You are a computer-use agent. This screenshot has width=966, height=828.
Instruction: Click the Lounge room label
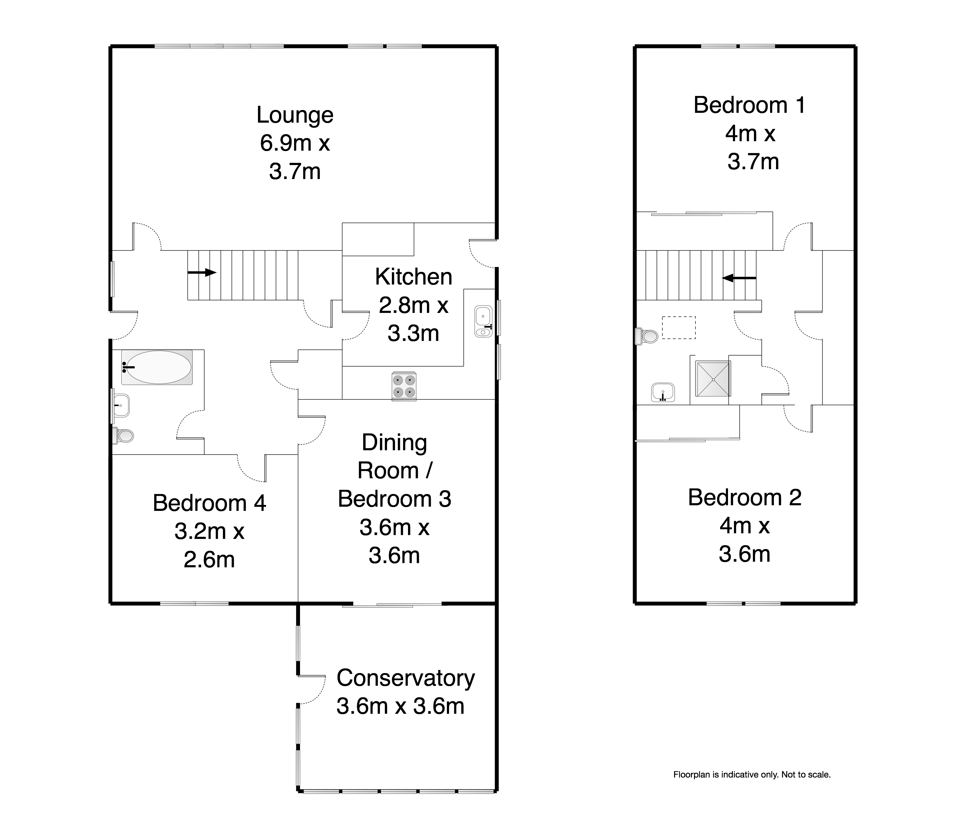(295, 115)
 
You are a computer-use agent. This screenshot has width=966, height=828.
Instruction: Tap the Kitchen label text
(414, 277)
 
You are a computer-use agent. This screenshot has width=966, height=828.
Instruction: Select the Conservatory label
(406, 678)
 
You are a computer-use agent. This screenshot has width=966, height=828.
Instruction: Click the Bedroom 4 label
(209, 503)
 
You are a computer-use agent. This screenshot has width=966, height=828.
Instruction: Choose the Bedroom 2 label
(744, 497)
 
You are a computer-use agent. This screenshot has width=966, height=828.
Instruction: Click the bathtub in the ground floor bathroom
(157, 367)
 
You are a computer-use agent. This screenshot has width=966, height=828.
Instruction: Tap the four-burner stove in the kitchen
(404, 386)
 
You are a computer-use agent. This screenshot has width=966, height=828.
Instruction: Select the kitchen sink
(483, 322)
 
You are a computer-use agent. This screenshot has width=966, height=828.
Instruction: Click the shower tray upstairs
(713, 379)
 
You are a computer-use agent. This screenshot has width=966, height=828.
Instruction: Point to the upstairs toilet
(647, 336)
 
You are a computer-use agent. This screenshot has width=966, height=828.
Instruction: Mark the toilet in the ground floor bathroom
(123, 436)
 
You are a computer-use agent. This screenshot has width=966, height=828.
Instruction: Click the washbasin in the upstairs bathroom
(663, 392)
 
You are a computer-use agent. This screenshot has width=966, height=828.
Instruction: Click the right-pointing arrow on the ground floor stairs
(202, 273)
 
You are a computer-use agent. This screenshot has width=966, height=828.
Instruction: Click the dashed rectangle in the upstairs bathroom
(679, 328)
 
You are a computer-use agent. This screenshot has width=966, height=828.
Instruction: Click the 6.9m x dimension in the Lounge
(295, 143)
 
